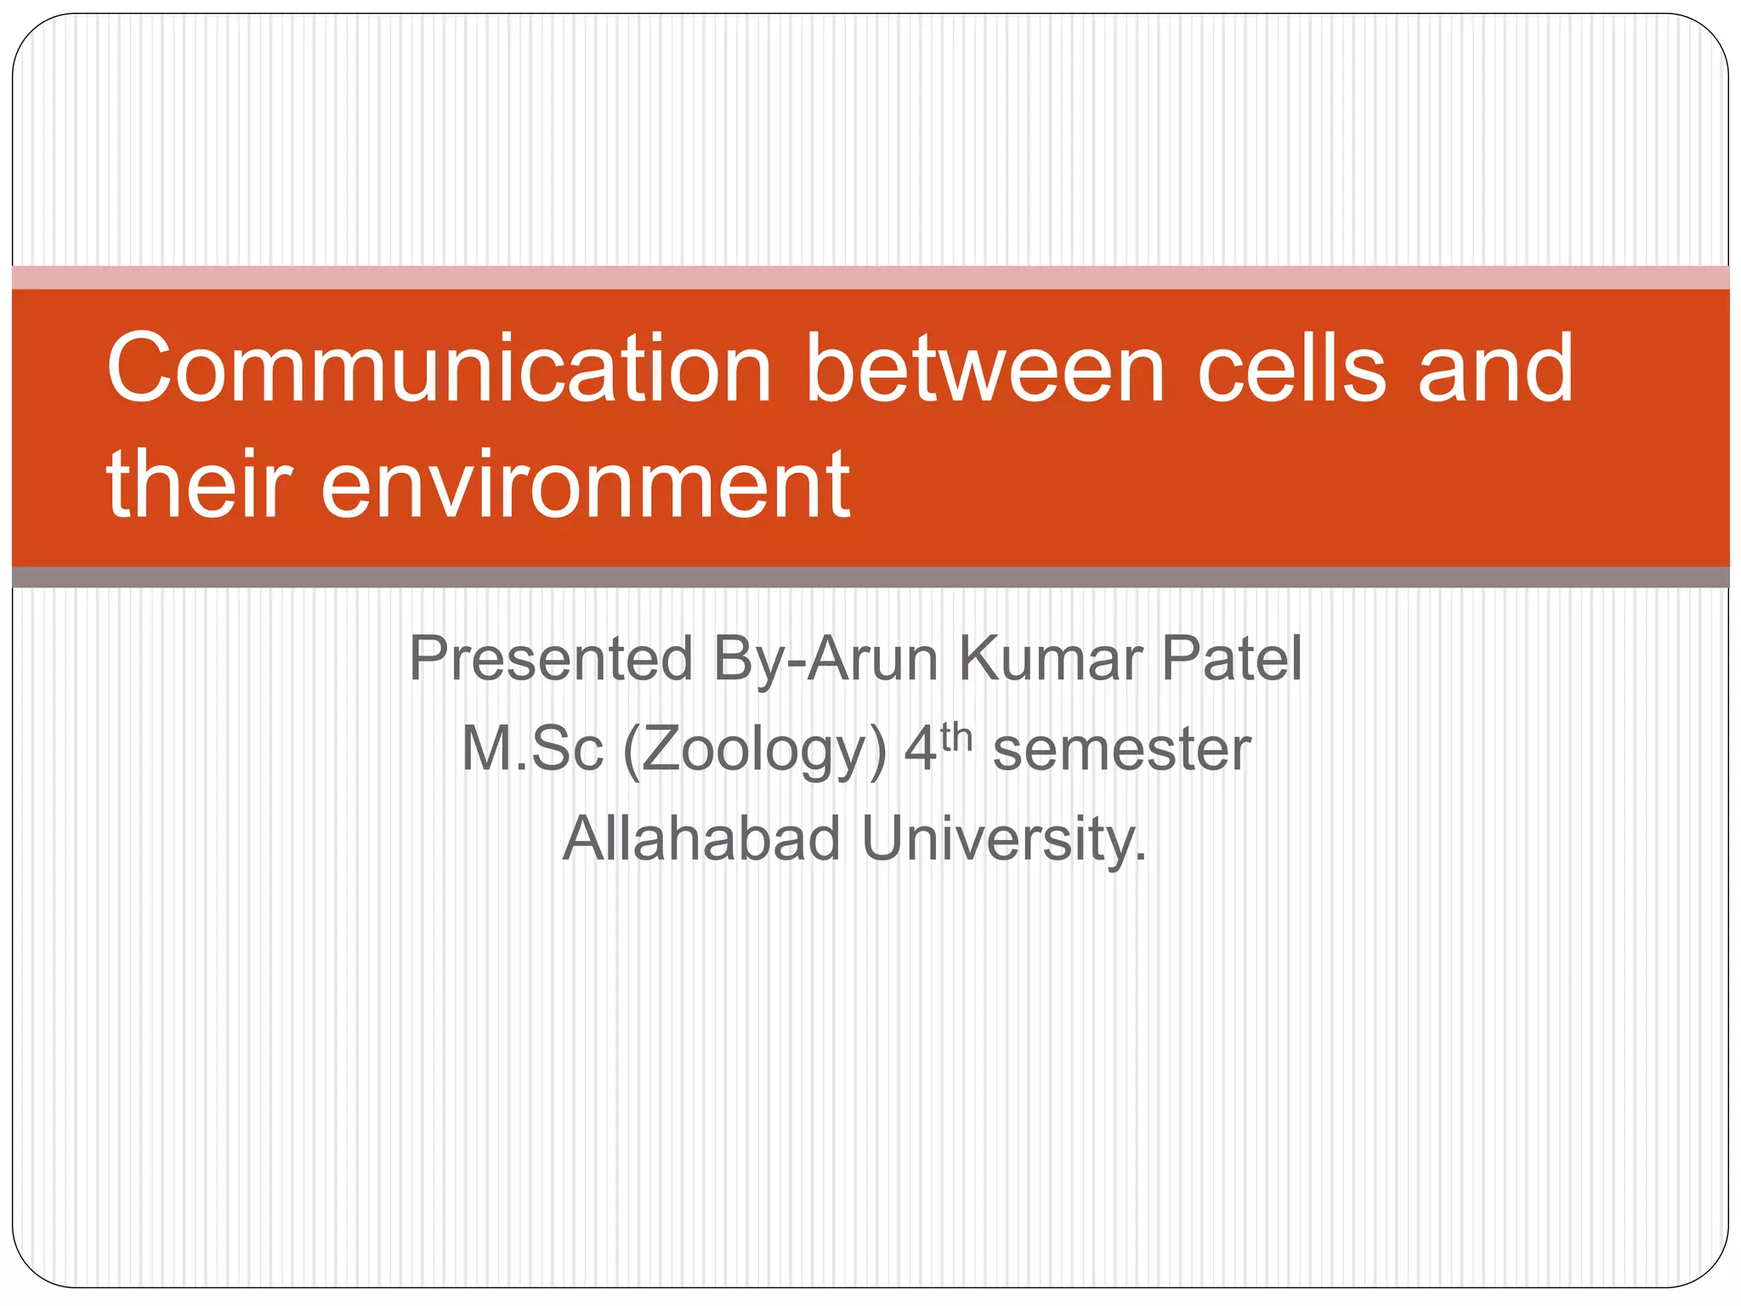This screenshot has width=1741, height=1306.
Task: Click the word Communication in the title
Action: coord(439,368)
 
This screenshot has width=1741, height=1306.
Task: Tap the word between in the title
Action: coord(984,368)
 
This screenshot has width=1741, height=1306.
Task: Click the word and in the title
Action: coord(1496,368)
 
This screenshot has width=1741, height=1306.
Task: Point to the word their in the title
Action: coord(199,485)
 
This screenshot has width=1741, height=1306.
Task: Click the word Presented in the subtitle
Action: coord(551,659)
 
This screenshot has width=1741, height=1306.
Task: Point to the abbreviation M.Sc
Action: coord(532,750)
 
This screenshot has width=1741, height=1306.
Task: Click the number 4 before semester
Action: coord(920,750)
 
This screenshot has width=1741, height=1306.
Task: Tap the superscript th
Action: coord(956,737)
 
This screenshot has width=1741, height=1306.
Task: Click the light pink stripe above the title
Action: coord(870,278)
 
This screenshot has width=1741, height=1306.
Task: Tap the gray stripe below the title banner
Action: coord(870,577)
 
